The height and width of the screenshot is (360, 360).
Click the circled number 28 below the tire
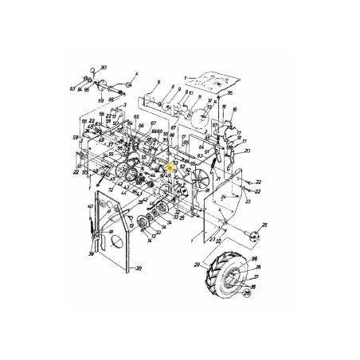[246, 293]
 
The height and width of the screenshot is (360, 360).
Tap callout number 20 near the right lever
[248, 151]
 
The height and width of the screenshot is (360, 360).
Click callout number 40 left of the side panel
[90, 207]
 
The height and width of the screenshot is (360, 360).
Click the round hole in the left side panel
[112, 237]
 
